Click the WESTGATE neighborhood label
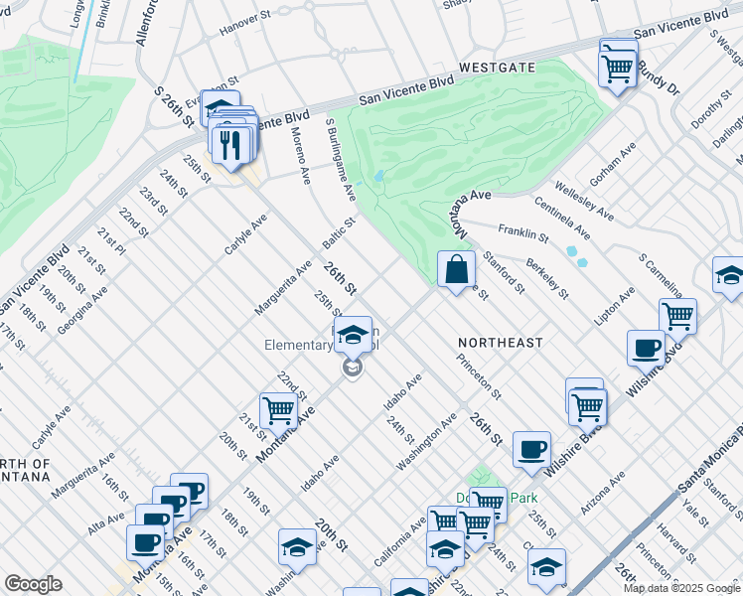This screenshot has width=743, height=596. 497,68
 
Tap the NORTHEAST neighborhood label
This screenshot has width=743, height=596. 501,343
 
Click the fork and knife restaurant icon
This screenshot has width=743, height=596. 231,145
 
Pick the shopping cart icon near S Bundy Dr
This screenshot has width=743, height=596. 618,69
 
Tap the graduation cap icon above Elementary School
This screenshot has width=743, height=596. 352,336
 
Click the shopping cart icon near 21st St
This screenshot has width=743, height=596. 278,409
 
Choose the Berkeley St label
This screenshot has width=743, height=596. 547,279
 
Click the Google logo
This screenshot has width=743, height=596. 33,584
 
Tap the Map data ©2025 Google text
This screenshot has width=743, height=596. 681,588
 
